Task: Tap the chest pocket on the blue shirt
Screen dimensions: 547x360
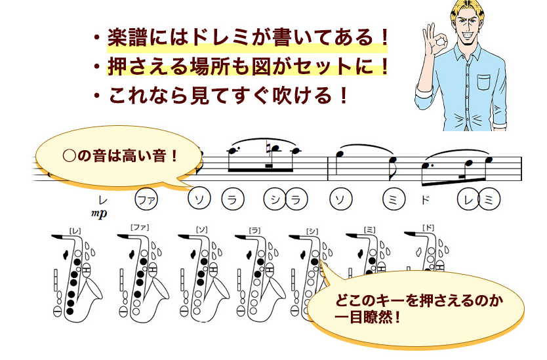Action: click(484, 83)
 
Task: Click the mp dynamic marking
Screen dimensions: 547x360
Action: click(99, 213)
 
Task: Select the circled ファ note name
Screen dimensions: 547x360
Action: click(146, 200)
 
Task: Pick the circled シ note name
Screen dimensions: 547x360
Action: click(275, 199)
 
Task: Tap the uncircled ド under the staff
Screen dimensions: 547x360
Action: click(426, 200)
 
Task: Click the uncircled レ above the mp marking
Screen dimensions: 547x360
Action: click(102, 200)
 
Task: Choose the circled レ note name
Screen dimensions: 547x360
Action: click(468, 199)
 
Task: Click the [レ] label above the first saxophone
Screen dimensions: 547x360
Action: click(75, 231)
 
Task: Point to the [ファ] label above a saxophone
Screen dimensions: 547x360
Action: click(140, 228)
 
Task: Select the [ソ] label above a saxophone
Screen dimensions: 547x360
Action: click(201, 230)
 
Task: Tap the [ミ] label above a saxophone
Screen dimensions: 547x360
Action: click(369, 230)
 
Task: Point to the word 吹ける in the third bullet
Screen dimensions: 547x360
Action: click(302, 95)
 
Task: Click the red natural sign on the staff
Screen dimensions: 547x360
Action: click(268, 146)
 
